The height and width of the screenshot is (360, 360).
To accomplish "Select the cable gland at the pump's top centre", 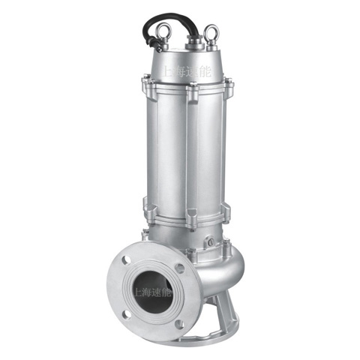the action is (194, 43).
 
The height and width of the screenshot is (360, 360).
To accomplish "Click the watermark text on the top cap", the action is (186, 71).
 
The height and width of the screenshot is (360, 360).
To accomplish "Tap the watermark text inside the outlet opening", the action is (152, 292).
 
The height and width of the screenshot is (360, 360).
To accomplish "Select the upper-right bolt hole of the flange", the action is (179, 268).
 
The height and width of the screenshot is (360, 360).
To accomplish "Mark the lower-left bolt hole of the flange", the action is (127, 313).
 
